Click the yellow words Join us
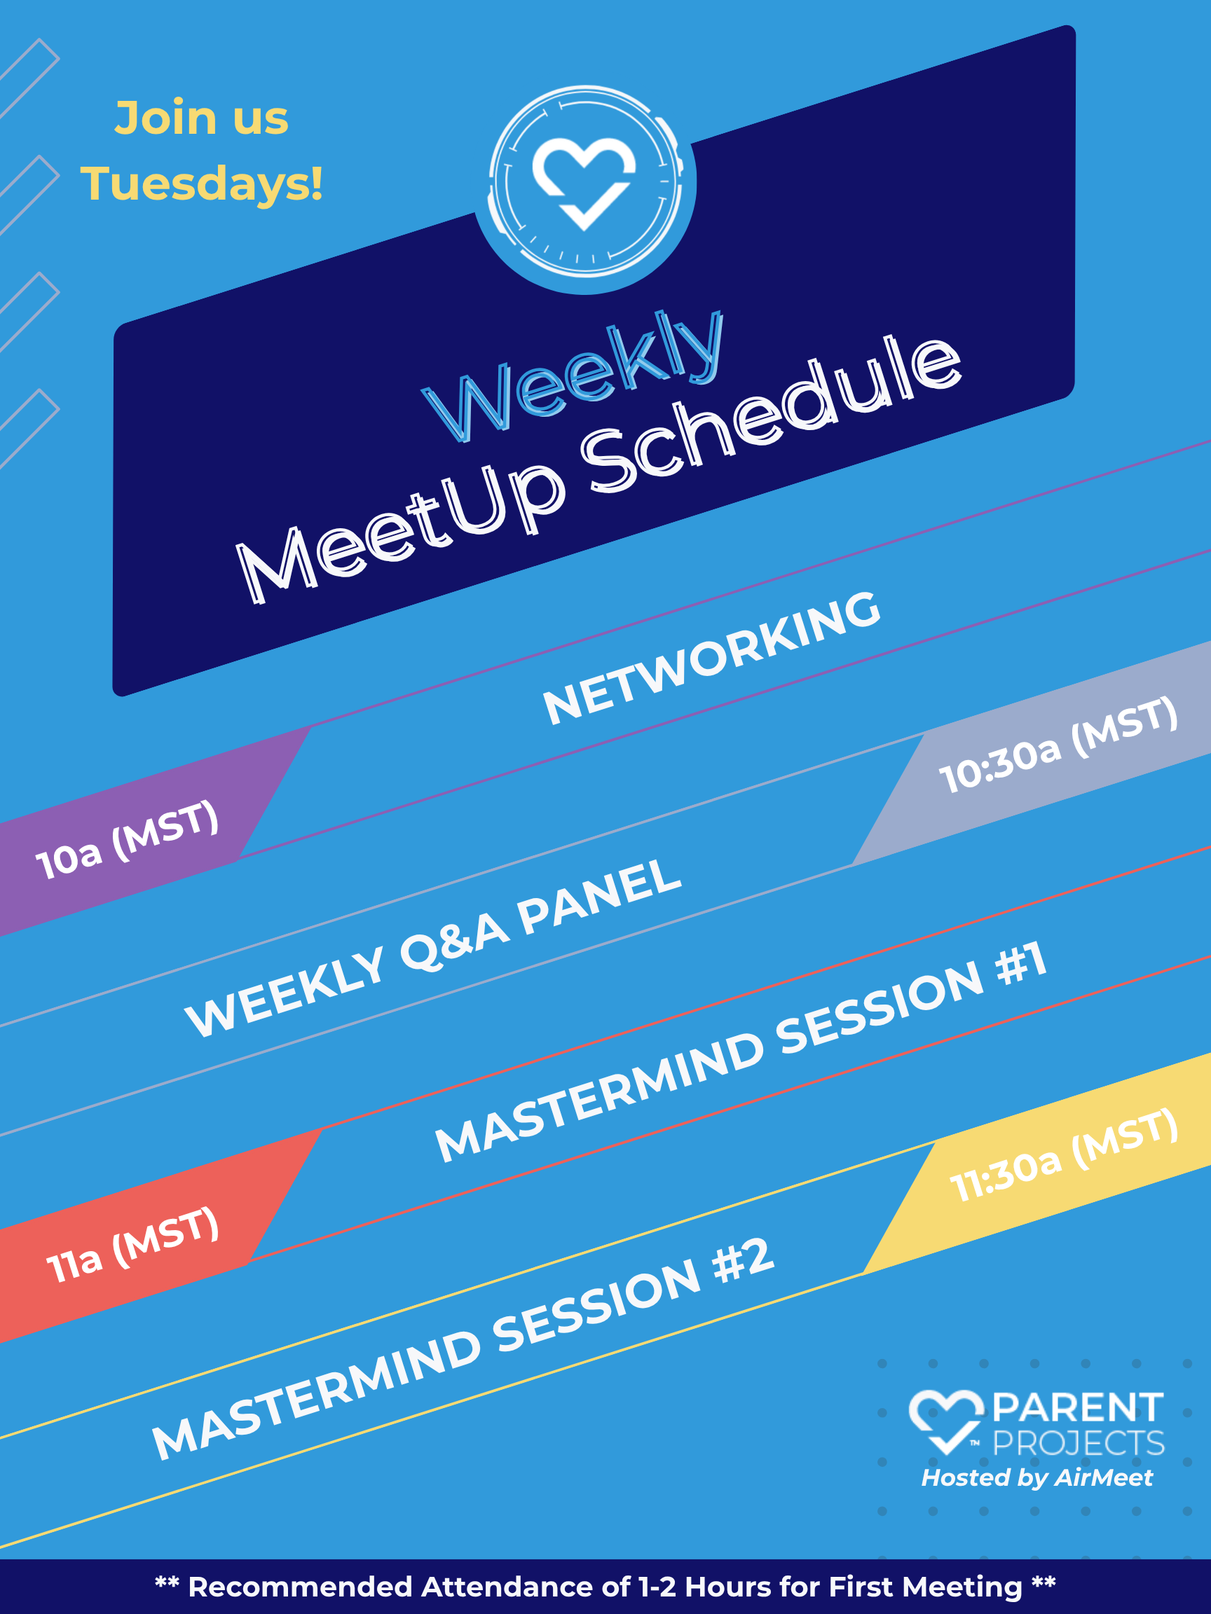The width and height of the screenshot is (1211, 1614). (x=201, y=118)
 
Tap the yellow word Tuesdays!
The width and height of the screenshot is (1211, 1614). (x=201, y=183)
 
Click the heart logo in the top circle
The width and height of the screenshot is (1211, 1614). (x=584, y=182)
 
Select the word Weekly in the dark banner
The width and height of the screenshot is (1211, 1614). (x=574, y=375)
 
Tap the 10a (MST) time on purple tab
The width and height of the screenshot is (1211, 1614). (x=128, y=840)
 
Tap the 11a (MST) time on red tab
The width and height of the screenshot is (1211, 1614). (x=133, y=1245)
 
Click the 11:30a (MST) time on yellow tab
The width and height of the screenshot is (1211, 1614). (x=1065, y=1157)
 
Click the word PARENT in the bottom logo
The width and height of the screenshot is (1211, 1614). (x=1078, y=1408)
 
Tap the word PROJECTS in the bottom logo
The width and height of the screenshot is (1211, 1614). (x=1079, y=1442)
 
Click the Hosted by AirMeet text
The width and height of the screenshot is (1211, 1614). (x=1037, y=1477)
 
